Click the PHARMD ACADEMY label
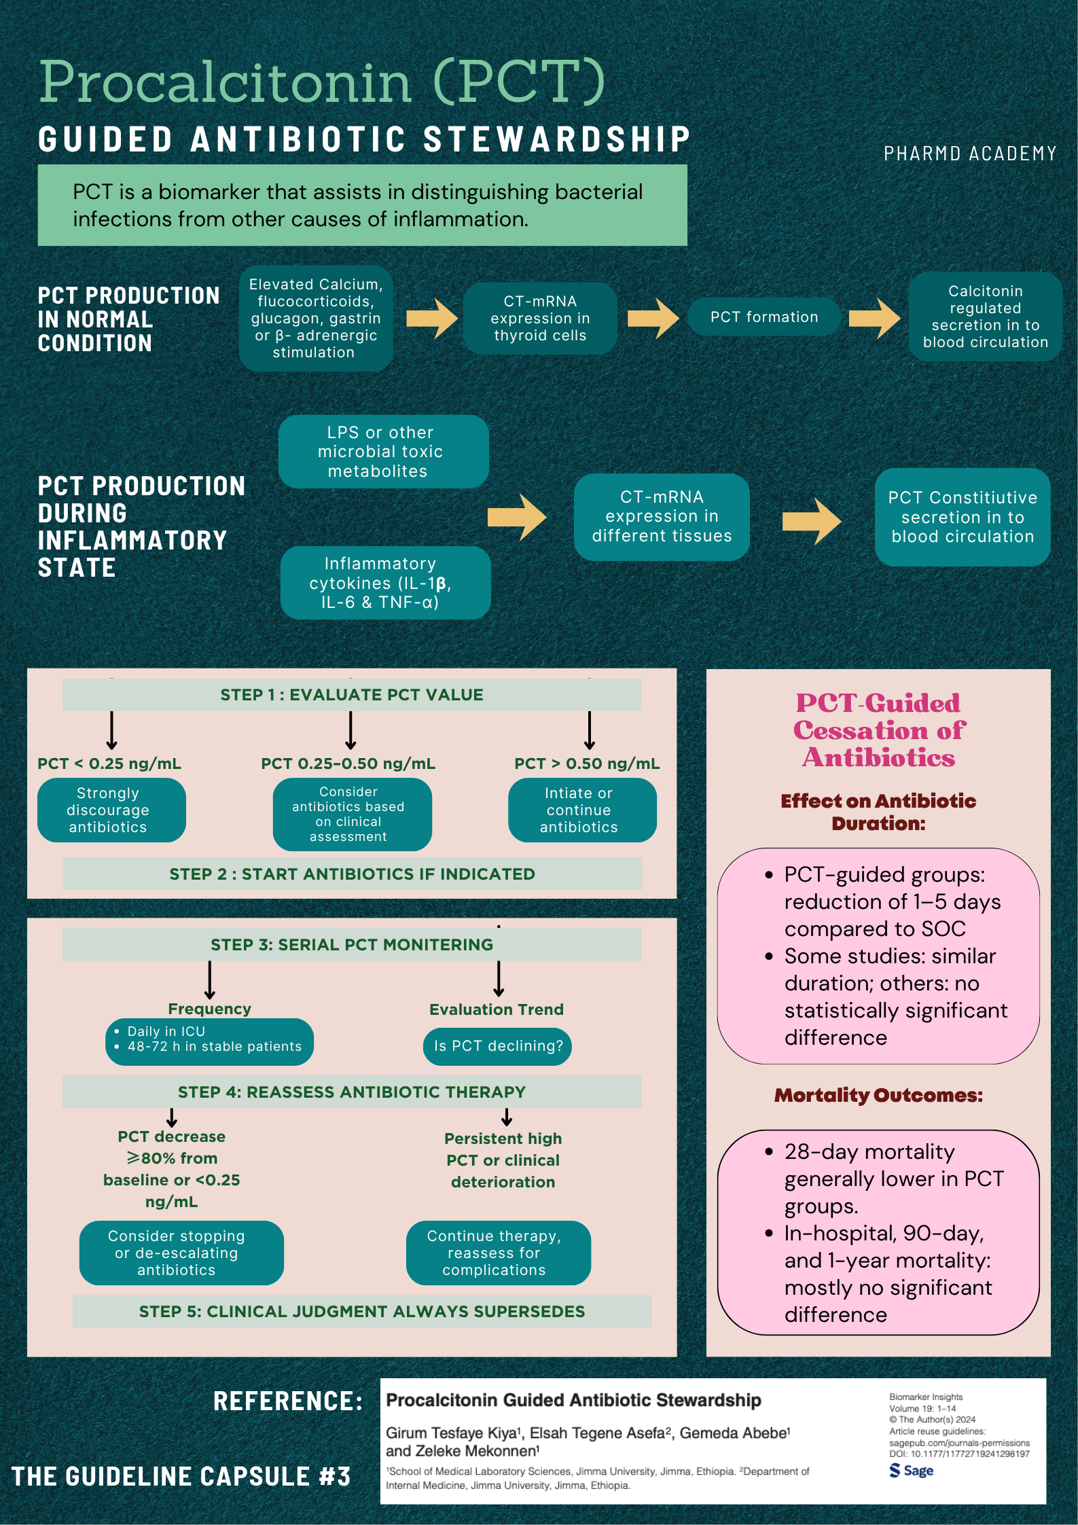tap(969, 154)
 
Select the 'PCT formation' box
tap(764, 317)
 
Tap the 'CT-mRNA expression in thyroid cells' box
tap(540, 318)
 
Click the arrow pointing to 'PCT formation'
tap(653, 318)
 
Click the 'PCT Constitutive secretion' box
tap(963, 517)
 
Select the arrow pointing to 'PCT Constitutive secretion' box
tap(811, 521)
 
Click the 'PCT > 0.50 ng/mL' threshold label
tap(587, 764)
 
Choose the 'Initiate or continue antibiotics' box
tap(582, 810)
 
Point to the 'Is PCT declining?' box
tap(498, 1046)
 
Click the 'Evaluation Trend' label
tap(497, 1009)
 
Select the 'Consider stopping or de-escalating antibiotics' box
tap(181, 1253)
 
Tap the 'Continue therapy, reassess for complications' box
tap(498, 1253)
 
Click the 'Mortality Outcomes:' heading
tap(878, 1095)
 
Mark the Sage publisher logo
tap(912, 1471)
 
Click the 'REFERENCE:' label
tap(288, 1401)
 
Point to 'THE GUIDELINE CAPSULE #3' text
tap(181, 1476)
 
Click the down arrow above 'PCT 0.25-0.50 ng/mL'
tap(351, 730)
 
